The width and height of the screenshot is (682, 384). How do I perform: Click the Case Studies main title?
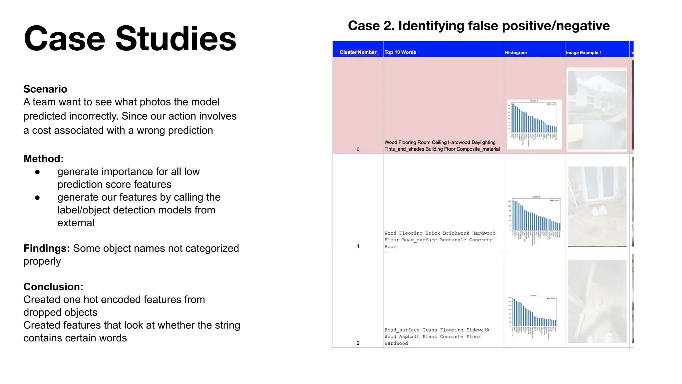coord(130,39)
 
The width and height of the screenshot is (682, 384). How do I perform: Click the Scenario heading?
coord(45,89)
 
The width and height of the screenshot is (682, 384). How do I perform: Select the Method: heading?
coord(43,159)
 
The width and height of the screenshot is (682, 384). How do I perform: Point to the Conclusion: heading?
coord(53,287)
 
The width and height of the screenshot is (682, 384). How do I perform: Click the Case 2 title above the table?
coord(479,26)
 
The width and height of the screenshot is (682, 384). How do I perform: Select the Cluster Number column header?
coord(358,52)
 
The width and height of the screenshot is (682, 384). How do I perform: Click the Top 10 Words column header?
coord(400,52)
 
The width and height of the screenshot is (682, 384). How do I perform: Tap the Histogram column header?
coord(515,53)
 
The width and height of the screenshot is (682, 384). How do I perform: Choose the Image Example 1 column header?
coord(583,53)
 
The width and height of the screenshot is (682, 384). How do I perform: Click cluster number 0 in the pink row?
coord(358,149)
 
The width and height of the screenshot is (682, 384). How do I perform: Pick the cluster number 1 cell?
coord(358,246)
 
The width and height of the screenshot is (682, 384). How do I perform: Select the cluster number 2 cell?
coord(358,343)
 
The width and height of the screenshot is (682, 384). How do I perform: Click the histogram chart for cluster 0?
coord(534,124)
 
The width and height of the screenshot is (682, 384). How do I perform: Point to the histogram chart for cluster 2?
coord(534,317)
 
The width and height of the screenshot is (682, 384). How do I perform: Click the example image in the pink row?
coord(597,110)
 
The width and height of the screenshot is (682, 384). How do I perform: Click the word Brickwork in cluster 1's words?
coord(456,233)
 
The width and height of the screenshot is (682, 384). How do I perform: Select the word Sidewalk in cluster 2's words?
coord(478,330)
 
